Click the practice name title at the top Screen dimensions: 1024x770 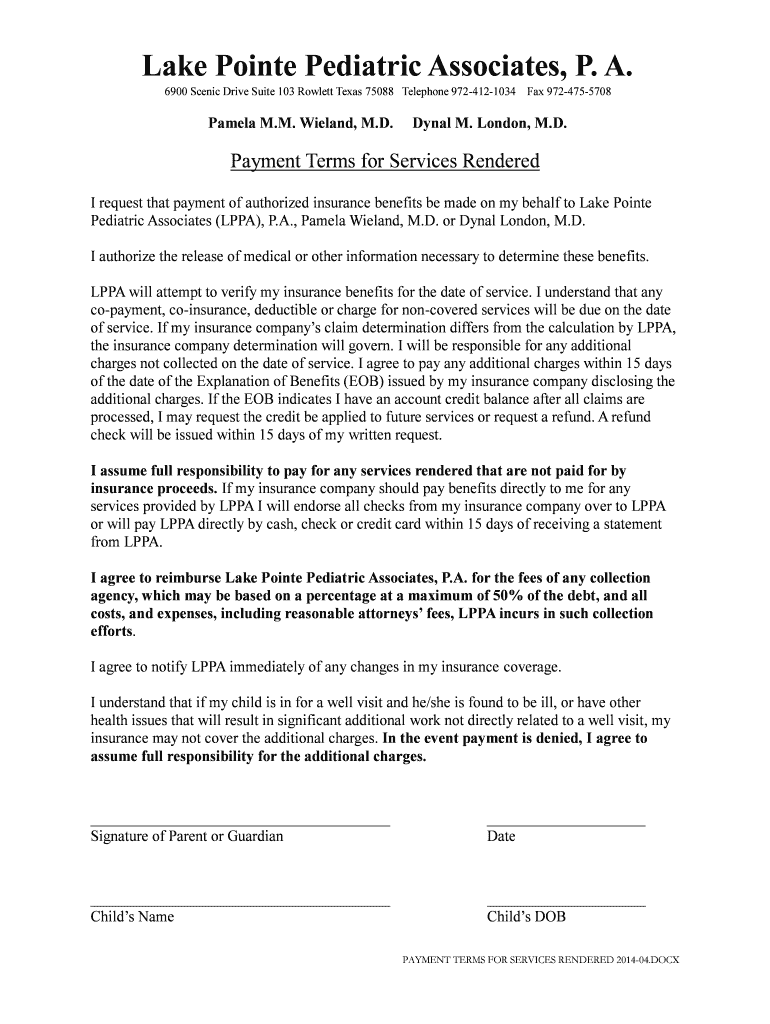(386, 66)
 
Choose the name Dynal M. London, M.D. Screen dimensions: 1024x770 (490, 125)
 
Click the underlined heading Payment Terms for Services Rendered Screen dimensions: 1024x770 (385, 161)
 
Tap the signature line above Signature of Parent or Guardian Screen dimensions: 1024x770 (240, 826)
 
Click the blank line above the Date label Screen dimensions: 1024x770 (565, 826)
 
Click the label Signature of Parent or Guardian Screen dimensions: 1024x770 (187, 836)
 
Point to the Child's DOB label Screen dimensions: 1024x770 (526, 917)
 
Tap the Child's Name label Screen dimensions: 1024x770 (132, 917)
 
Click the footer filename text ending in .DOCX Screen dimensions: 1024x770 (540, 960)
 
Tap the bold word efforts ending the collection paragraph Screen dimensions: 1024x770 (111, 632)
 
